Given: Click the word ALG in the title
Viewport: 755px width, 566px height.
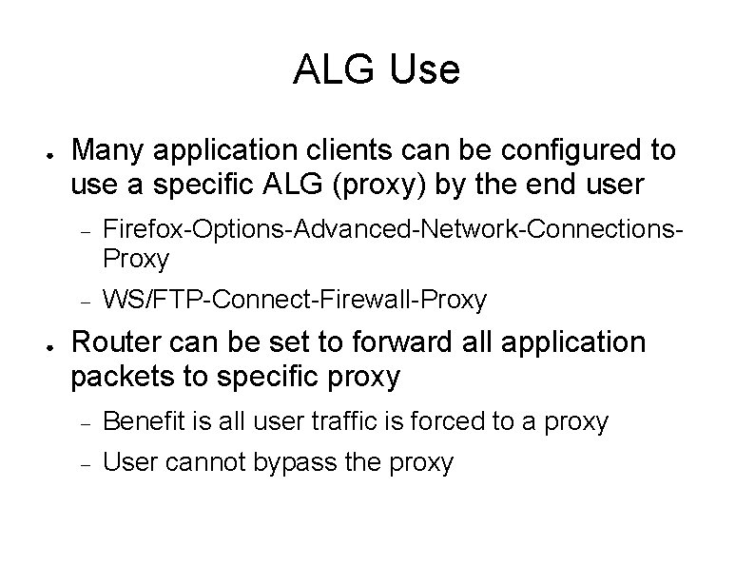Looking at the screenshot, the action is (x=336, y=69).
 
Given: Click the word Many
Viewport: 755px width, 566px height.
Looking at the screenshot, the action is (x=107, y=150).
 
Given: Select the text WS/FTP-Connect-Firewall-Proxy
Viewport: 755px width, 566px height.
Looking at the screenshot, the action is (x=294, y=301).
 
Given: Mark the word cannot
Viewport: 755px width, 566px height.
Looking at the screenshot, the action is (x=198, y=463).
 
